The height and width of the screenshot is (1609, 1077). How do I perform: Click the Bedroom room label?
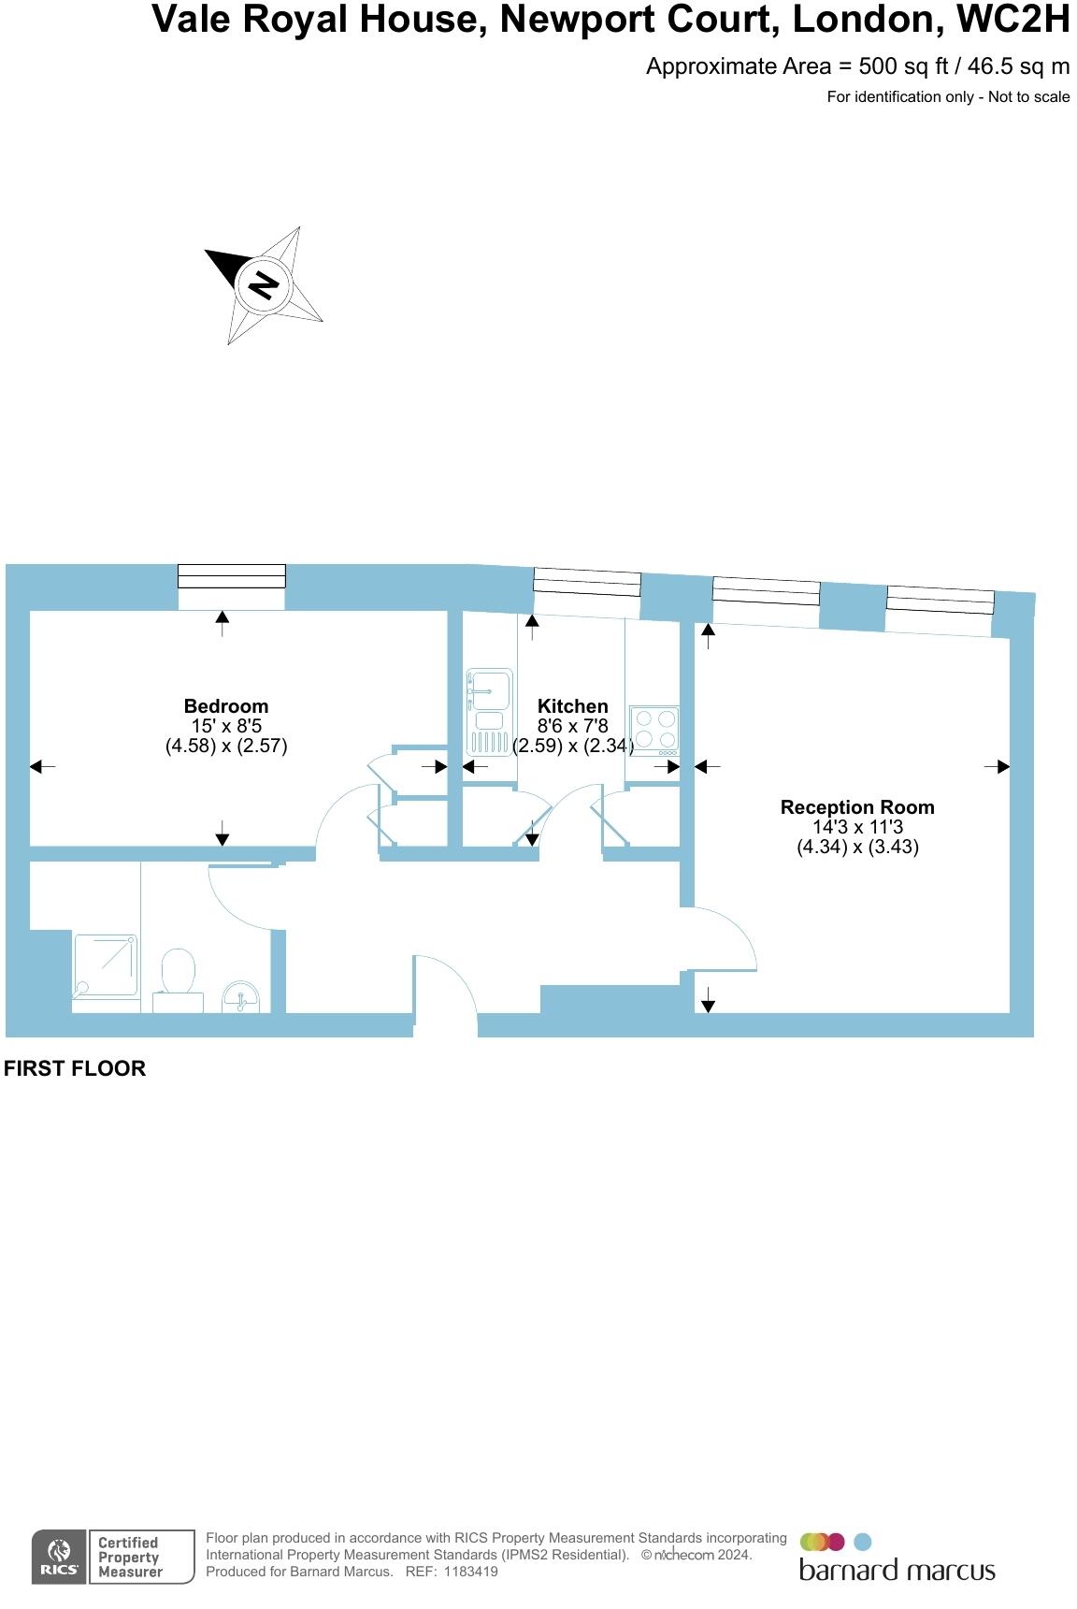[225, 706]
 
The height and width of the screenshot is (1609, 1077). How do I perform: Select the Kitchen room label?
[572, 706]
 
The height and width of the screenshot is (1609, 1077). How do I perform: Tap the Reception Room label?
[857, 807]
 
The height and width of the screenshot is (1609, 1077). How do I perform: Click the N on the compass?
[264, 283]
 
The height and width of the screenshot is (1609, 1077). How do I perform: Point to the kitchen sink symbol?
[489, 711]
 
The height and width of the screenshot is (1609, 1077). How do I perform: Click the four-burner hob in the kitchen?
[654, 730]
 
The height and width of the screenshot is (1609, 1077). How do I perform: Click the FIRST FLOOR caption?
[75, 1068]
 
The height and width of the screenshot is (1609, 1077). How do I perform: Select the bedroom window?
[232, 576]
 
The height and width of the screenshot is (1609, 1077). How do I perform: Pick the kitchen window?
[587, 583]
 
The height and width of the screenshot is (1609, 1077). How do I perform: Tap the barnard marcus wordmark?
[897, 1570]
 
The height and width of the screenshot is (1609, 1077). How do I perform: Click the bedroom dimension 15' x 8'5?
[225, 726]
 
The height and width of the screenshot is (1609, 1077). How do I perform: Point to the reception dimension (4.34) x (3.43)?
[857, 847]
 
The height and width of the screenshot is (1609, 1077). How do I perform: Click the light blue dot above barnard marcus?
[863, 1542]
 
